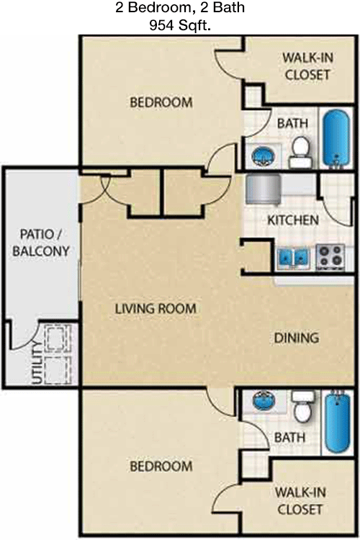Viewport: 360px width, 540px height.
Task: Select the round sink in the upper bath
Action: point(264,156)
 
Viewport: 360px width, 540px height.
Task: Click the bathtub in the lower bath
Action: point(338,422)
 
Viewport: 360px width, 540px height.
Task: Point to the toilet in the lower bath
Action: point(304,406)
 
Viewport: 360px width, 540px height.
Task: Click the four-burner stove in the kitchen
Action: point(330,256)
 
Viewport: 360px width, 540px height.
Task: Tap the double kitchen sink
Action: point(293,258)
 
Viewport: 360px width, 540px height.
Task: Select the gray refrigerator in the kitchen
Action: point(264,189)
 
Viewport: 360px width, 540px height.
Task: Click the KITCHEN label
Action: point(293,220)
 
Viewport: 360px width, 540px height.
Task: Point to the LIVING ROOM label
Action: point(156,308)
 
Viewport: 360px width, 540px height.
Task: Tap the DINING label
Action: point(296,338)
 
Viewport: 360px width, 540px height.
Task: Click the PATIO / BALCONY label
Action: point(41,243)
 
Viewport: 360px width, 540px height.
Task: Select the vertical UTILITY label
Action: point(37,362)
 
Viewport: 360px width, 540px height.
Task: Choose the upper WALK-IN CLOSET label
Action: point(307,66)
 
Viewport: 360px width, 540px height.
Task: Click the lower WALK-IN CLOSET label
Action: point(300,500)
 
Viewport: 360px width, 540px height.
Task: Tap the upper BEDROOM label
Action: point(161,102)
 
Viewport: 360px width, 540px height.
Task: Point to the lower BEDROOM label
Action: point(161,467)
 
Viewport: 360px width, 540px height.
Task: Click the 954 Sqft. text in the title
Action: point(180,25)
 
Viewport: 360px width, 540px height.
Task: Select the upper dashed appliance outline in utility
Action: point(58,338)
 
